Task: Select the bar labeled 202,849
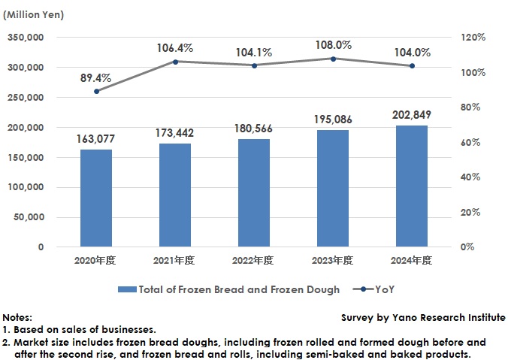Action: click(x=412, y=186)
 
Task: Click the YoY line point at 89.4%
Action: click(x=96, y=91)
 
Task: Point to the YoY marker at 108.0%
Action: click(x=333, y=59)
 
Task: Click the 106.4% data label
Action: click(x=175, y=48)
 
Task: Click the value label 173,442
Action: click(x=175, y=132)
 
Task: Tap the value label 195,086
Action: click(x=333, y=119)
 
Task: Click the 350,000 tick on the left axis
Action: click(x=26, y=38)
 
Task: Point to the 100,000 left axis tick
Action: click(x=26, y=187)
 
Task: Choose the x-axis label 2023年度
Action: click(x=333, y=261)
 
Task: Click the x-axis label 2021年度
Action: click(x=175, y=261)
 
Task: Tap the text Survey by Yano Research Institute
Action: click(x=423, y=318)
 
